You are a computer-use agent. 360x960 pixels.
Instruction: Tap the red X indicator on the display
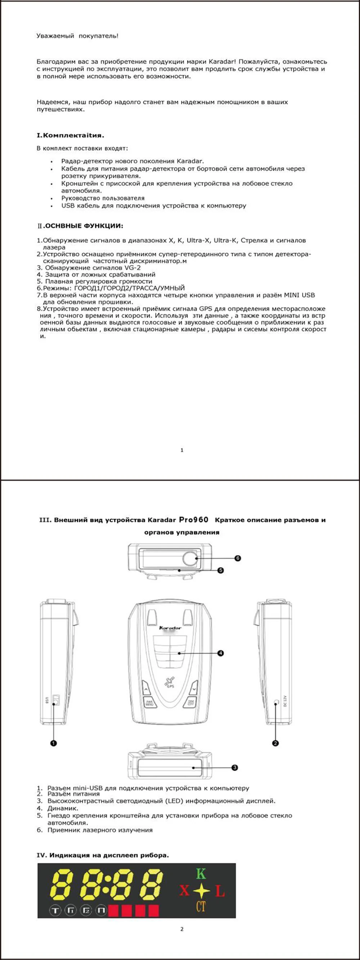[184, 891]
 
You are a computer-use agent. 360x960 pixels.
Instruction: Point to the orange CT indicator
[201, 906]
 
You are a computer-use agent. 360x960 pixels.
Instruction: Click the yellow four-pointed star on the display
[201, 890]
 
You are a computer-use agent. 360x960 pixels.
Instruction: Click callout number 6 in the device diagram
[238, 558]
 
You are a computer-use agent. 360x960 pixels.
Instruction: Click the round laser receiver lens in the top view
[190, 558]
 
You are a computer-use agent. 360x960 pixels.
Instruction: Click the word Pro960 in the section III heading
[193, 519]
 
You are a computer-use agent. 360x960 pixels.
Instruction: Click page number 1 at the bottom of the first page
[182, 450]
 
